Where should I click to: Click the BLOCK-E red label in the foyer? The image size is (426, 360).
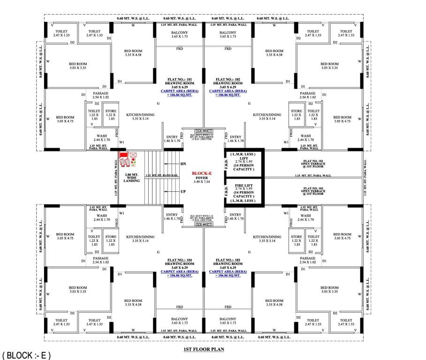203,172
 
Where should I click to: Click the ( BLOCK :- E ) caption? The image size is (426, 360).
27,355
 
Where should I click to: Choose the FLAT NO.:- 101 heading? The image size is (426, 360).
180,80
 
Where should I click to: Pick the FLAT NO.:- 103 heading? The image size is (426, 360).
228,259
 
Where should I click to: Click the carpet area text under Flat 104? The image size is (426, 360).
180,274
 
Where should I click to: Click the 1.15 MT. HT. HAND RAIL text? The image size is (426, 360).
161,176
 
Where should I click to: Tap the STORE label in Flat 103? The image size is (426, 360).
296,237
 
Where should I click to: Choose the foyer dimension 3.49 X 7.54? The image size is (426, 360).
203,181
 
